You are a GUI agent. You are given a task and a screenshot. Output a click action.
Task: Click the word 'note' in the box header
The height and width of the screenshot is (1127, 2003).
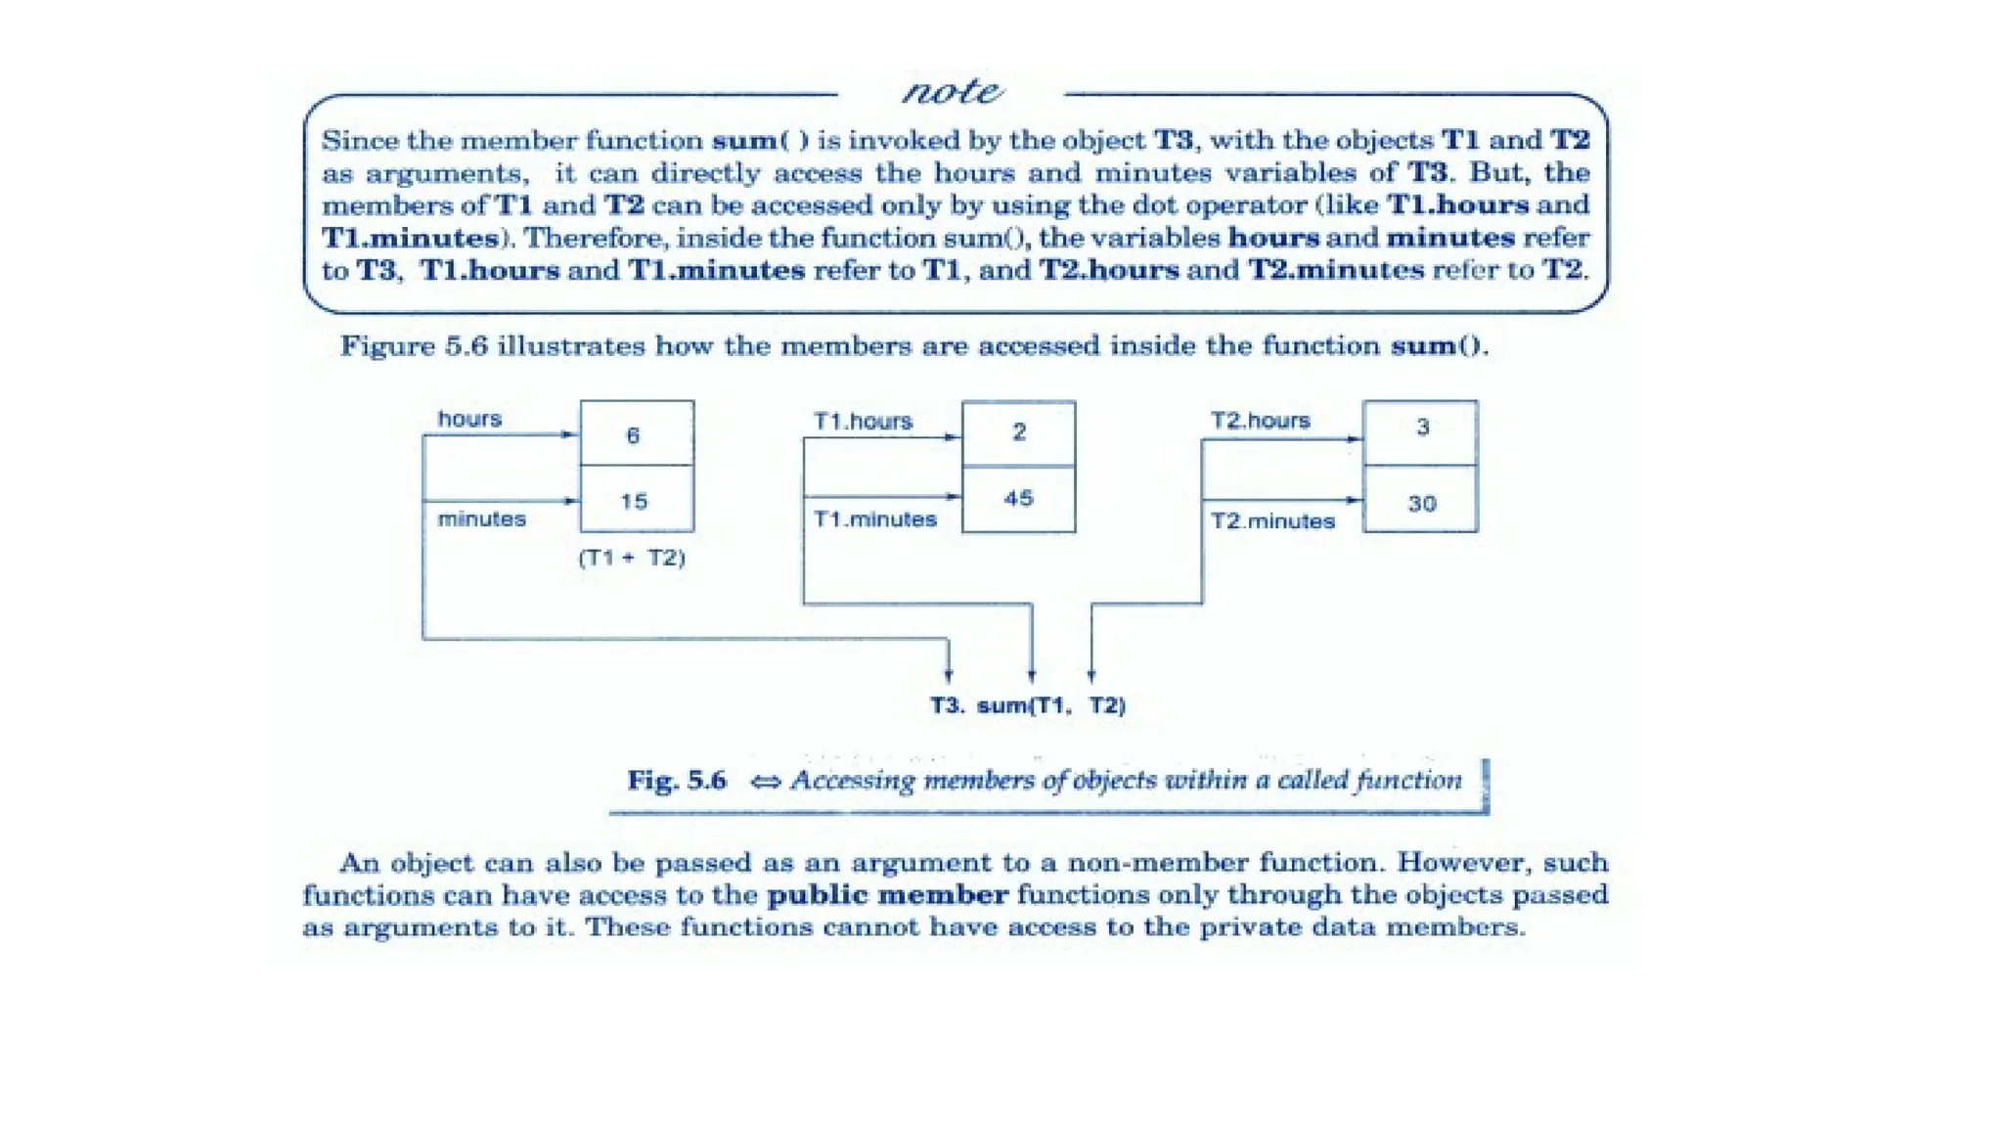[x=951, y=92]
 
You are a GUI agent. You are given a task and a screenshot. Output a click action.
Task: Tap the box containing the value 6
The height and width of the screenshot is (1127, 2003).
[x=637, y=433]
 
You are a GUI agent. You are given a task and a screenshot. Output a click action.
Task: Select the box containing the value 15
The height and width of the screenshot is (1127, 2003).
[x=637, y=500]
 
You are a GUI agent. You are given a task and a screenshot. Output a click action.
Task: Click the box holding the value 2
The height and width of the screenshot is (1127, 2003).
[x=1018, y=432]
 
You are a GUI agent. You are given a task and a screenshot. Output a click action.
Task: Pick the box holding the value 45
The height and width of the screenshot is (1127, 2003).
[x=1018, y=499]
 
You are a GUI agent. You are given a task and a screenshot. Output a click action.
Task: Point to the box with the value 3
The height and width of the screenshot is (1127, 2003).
[x=1420, y=431]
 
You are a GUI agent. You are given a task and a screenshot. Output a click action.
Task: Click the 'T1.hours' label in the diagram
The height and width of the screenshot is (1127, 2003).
[x=863, y=422]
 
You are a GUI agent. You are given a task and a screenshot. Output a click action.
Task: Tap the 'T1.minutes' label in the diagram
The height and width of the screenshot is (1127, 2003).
[x=874, y=519]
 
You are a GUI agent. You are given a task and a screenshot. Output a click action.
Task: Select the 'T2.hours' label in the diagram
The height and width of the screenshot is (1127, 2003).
[x=1260, y=421]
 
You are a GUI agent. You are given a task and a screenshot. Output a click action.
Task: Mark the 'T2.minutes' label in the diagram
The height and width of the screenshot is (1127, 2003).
[x=1272, y=521]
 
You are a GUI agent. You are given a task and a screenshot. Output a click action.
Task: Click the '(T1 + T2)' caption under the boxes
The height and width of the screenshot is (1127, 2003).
[x=632, y=558]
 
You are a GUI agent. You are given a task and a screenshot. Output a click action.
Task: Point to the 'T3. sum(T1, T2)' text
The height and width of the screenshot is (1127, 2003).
[x=1027, y=705]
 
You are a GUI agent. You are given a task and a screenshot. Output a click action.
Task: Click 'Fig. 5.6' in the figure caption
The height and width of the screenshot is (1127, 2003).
[x=677, y=781]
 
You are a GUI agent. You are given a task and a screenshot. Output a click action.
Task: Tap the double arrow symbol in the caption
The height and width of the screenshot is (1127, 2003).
[x=766, y=782]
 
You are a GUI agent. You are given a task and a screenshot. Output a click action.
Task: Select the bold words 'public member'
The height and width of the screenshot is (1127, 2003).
[x=887, y=895]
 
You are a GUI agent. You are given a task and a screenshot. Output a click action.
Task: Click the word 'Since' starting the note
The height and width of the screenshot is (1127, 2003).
[x=359, y=141]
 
